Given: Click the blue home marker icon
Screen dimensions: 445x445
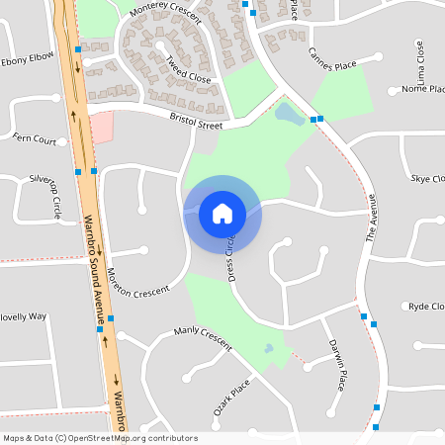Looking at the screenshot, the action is [222, 214].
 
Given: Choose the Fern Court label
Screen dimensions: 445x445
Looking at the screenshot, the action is [34, 138].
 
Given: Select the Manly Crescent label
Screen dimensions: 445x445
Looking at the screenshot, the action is [202, 337].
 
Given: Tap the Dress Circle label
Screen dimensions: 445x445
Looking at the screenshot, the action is [234, 259].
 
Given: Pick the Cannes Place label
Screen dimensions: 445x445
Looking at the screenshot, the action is [331, 65].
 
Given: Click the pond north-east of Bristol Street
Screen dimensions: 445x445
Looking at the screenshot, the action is [289, 114].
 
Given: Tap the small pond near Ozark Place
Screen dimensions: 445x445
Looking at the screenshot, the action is [268, 349].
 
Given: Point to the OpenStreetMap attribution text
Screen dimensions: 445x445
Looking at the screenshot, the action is [100, 438].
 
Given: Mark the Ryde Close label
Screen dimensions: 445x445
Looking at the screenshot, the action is [425, 307].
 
